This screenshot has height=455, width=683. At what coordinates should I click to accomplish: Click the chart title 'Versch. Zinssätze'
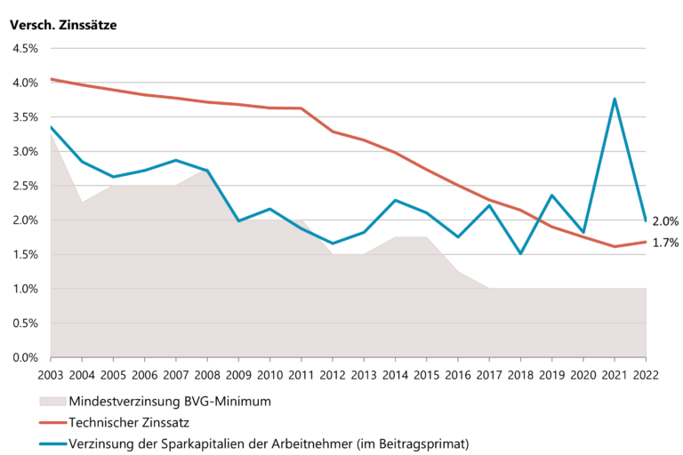pos(63,25)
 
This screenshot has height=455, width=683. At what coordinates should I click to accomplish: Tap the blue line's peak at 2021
pos(615,99)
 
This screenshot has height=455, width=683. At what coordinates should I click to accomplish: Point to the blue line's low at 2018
pos(520,253)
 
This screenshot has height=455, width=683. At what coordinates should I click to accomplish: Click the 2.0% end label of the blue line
pos(665,220)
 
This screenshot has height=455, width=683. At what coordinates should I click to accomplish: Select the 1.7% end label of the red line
pos(665,243)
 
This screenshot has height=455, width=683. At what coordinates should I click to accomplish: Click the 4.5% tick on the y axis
pos(24,49)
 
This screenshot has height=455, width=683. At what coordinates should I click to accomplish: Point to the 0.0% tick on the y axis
pos(24,358)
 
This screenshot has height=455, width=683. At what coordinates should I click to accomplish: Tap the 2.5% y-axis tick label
pos(24,187)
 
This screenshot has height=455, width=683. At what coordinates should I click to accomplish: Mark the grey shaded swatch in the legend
pos(55,401)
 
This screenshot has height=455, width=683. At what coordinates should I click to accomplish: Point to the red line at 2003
pos(52,79)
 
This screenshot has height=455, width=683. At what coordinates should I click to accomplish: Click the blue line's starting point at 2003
pos(52,127)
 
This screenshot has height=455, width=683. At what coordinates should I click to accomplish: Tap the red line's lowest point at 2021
pos(615,246)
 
